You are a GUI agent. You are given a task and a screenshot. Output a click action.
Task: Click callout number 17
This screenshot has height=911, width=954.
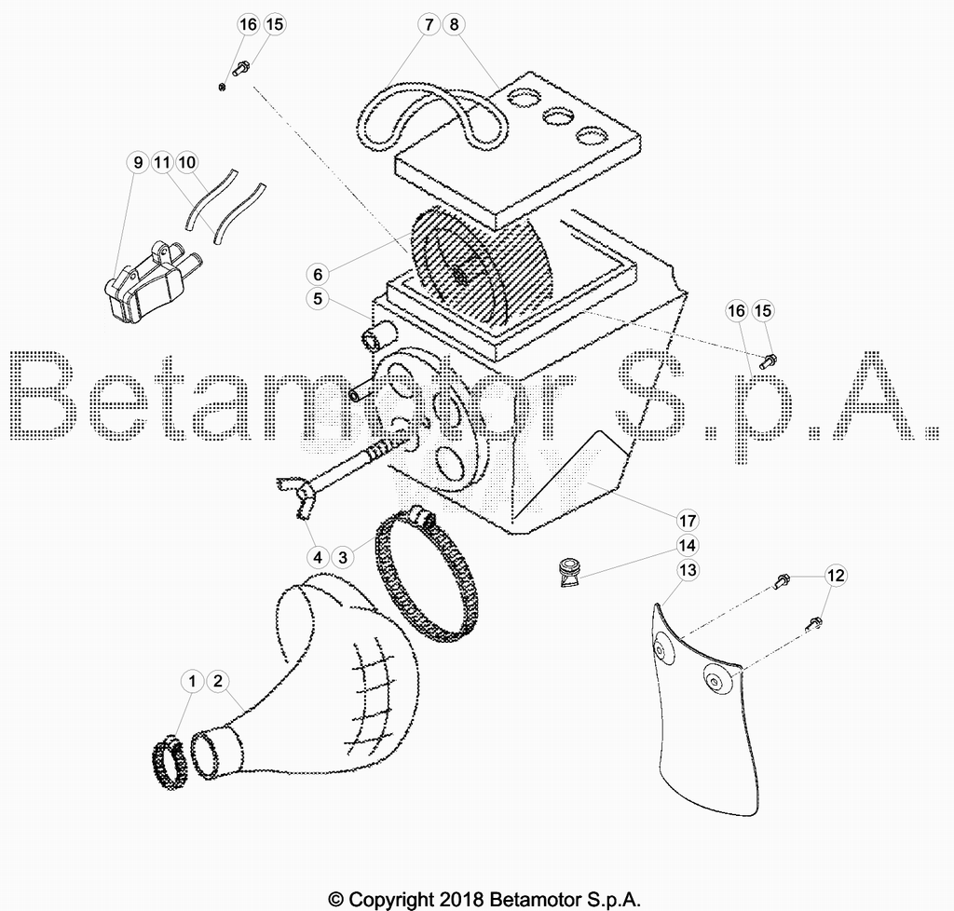coord(687,521)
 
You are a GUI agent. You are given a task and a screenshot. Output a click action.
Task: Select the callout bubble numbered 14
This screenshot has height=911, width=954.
coord(687,545)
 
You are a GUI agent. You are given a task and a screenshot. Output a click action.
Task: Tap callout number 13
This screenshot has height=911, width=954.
coord(688,570)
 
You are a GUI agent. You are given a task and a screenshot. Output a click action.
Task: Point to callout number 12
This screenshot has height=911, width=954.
coord(836,576)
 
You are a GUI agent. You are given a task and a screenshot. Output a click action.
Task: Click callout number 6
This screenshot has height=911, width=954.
coord(318,274)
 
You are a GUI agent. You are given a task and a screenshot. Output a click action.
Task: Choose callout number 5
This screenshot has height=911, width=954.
coord(318,299)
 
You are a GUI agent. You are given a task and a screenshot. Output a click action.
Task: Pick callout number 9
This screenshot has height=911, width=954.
coord(138,162)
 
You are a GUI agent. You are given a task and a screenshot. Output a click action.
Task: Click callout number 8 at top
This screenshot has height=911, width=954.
coord(454,24)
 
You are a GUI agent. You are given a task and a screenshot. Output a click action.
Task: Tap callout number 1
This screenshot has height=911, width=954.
coord(192,681)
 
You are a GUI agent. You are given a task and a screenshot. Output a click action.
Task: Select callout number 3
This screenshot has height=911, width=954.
coord(343,557)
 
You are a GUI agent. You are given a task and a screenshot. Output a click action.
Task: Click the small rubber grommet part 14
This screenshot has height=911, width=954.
coord(570,572)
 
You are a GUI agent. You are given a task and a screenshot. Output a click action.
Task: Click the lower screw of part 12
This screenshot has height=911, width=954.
coord(814,623)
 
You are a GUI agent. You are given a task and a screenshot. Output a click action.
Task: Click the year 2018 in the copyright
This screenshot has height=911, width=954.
coord(462,899)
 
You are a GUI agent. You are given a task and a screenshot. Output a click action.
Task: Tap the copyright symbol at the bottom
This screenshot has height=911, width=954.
coord(336,899)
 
